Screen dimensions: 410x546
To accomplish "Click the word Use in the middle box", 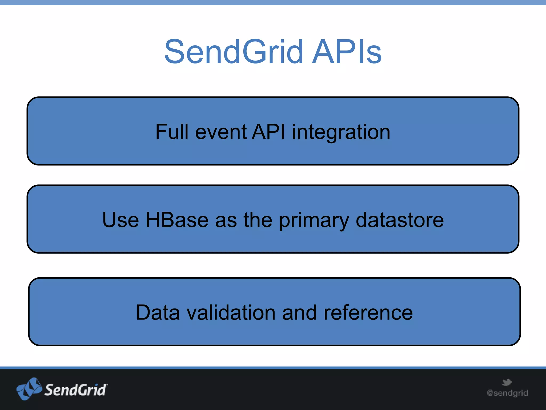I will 121,220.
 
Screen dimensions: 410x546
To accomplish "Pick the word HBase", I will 177,220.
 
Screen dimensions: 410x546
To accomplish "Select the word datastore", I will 400,220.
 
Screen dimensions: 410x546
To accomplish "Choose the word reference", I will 368,313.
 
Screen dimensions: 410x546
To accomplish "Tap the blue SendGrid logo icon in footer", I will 29,389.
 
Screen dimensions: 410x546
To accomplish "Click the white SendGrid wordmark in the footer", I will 76,390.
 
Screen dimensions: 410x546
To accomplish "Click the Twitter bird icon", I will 507,382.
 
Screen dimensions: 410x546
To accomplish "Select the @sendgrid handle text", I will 507,393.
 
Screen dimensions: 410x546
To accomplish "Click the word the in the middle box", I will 258,220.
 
